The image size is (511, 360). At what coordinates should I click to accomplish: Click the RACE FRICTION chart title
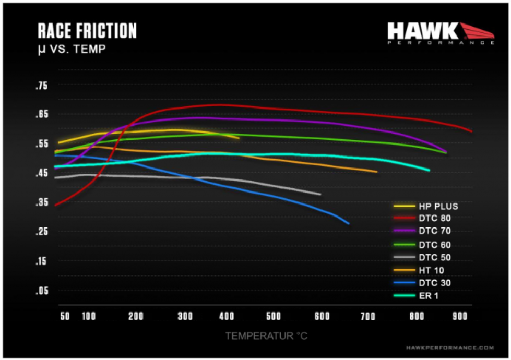coord(87,31)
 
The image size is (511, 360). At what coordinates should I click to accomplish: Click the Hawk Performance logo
coord(440,33)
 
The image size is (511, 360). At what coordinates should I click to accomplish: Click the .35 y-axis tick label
coord(41,203)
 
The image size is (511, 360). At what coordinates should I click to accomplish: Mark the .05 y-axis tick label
coord(41,291)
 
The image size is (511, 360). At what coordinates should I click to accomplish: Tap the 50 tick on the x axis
coord(65,317)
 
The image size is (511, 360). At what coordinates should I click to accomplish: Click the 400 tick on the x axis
coord(225,317)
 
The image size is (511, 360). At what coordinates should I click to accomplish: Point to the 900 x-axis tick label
coord(460,317)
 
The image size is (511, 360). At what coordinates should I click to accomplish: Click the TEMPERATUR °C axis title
coord(266,336)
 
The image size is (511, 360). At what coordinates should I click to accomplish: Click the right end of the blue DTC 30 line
coord(348,223)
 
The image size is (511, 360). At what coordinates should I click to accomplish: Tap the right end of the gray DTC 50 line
coord(320,195)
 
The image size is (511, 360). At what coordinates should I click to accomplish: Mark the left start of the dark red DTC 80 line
coord(55,205)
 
